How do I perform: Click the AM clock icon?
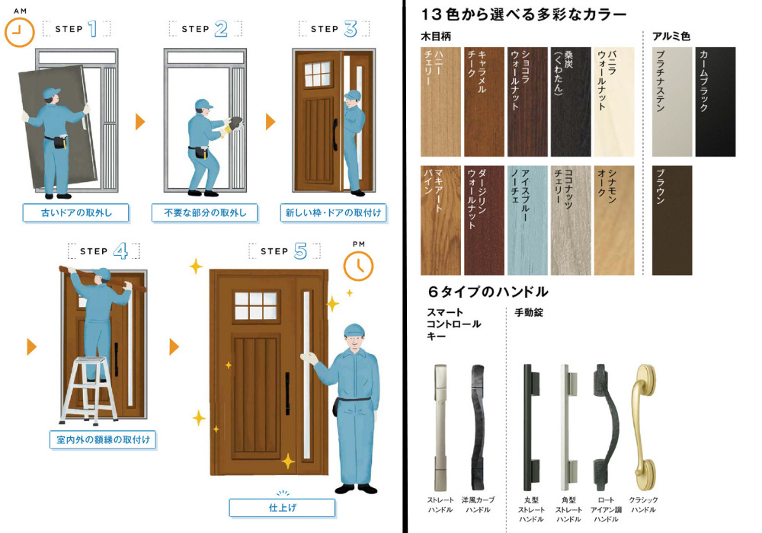click(20, 32)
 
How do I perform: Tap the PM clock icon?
click(358, 266)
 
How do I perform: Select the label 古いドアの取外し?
click(75, 212)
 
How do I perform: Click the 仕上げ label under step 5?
click(282, 508)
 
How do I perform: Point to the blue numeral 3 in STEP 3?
click(351, 29)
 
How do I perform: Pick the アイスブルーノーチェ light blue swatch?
click(527, 220)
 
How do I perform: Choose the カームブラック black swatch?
click(716, 102)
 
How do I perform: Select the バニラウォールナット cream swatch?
click(614, 102)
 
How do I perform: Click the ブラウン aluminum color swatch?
click(672, 220)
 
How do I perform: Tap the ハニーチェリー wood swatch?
click(440, 102)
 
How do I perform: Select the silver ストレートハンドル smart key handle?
click(440, 427)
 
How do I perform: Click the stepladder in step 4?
click(88, 389)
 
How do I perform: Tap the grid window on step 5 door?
click(256, 306)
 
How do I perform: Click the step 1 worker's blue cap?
click(51, 93)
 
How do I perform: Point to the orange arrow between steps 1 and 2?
click(140, 121)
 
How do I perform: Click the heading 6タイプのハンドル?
click(488, 292)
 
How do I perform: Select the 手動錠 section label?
click(529, 313)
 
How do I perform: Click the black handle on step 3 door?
click(335, 135)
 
